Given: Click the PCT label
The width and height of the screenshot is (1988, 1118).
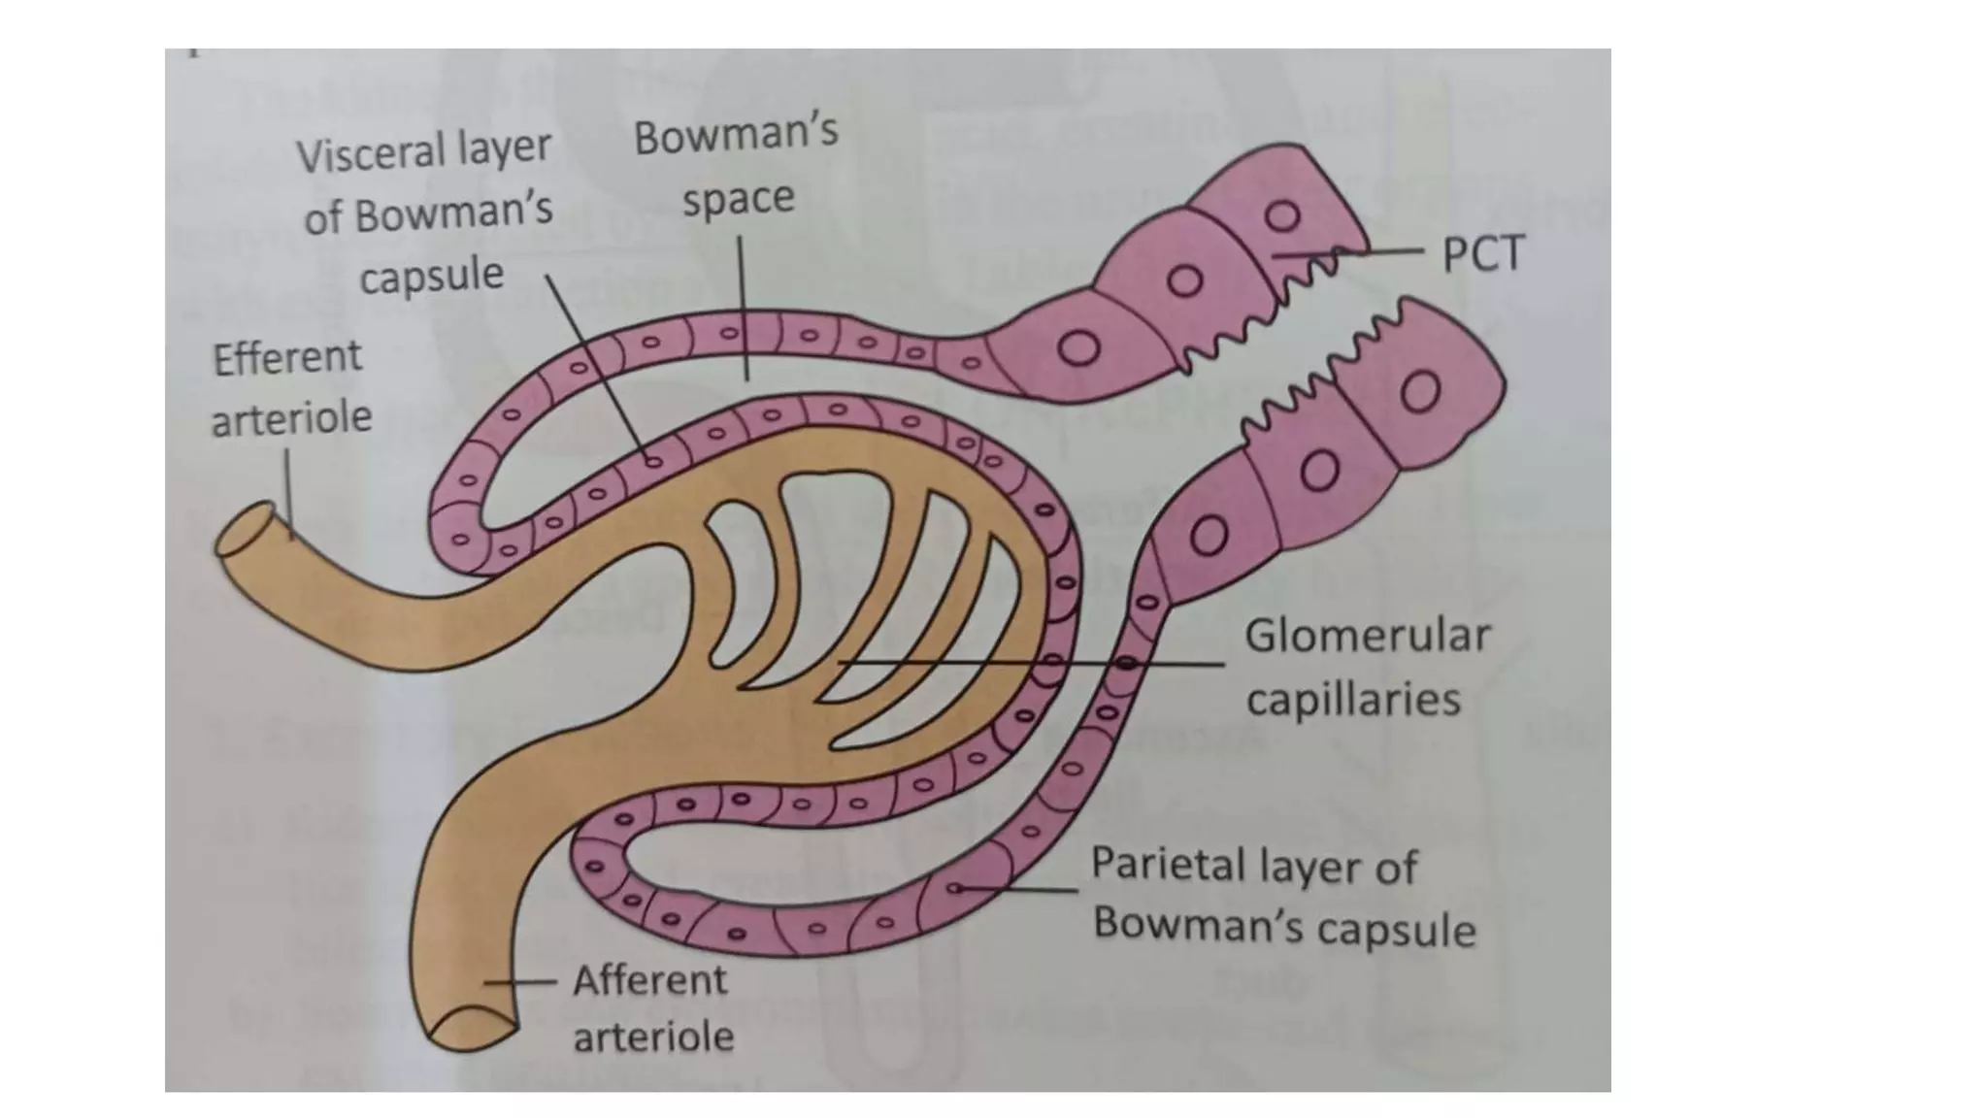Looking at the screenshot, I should tap(1482, 254).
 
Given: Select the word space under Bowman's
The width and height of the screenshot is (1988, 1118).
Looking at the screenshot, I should tap(738, 199).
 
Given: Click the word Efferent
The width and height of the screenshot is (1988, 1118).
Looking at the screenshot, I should tap(287, 358).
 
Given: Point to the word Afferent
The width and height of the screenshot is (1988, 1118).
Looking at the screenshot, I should tap(648, 981).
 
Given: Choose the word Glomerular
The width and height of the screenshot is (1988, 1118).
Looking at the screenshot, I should tap(1367, 637).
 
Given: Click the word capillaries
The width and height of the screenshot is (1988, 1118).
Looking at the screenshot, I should tap(1352, 700).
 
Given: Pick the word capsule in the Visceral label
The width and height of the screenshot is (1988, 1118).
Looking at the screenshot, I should tap(431, 277).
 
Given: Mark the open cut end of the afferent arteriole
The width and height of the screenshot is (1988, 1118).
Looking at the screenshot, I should tap(473, 1029).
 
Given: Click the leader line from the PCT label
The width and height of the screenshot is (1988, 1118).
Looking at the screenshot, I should tap(1378, 251).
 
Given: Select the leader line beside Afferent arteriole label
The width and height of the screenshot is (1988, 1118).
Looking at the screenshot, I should tap(519, 982).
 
